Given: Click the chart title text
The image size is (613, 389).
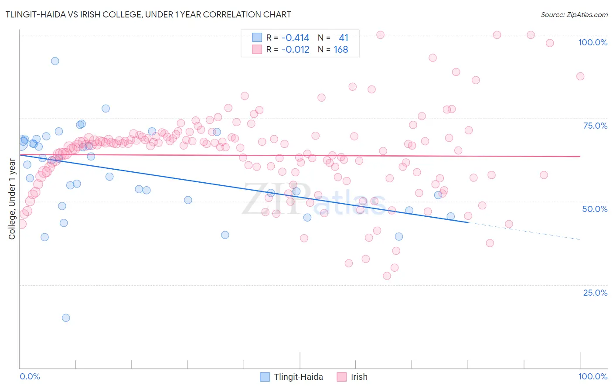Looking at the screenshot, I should tap(148, 14).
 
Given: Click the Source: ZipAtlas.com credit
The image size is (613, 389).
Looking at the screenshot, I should tap(574, 15).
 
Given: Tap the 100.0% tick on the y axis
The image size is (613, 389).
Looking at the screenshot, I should tap(593, 42).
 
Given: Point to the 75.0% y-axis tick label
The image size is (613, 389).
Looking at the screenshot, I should tap(595, 126).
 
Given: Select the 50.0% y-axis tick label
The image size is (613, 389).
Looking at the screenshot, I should tap(595, 209).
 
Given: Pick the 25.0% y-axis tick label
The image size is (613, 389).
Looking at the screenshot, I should tap(595, 293).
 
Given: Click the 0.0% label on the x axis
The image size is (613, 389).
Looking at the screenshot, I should tap(30, 376).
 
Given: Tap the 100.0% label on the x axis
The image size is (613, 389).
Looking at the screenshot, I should tap(593, 376).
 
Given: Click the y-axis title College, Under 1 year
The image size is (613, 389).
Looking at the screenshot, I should tap(12, 199).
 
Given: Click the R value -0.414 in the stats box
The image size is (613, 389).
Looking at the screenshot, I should tap(295, 38).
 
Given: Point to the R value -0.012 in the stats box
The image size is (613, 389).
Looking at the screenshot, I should tap(295, 50).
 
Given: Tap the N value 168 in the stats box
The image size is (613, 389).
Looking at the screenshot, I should tap(341, 50).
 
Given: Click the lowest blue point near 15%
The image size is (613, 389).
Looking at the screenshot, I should tap(66, 317).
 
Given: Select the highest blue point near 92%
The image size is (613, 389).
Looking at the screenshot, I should tap(55, 61).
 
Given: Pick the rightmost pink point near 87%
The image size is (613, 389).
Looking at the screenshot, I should tap(580, 76).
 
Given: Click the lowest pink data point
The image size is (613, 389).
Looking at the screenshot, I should tap(387, 276).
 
